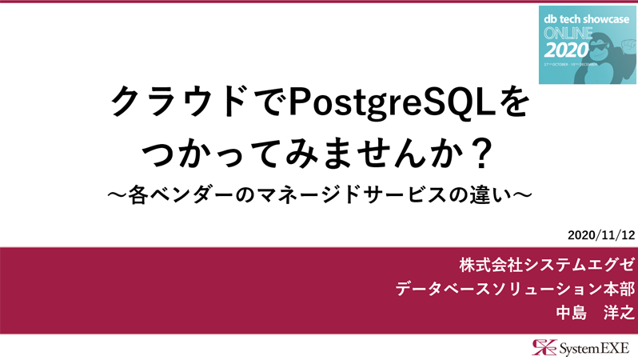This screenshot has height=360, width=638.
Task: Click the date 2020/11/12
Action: point(600,235)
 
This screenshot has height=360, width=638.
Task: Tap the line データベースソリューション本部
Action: point(515,288)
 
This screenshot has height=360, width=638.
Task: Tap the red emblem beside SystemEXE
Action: point(544,346)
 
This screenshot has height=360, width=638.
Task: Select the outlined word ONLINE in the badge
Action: point(568,33)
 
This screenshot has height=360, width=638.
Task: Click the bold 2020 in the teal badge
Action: point(570,49)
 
